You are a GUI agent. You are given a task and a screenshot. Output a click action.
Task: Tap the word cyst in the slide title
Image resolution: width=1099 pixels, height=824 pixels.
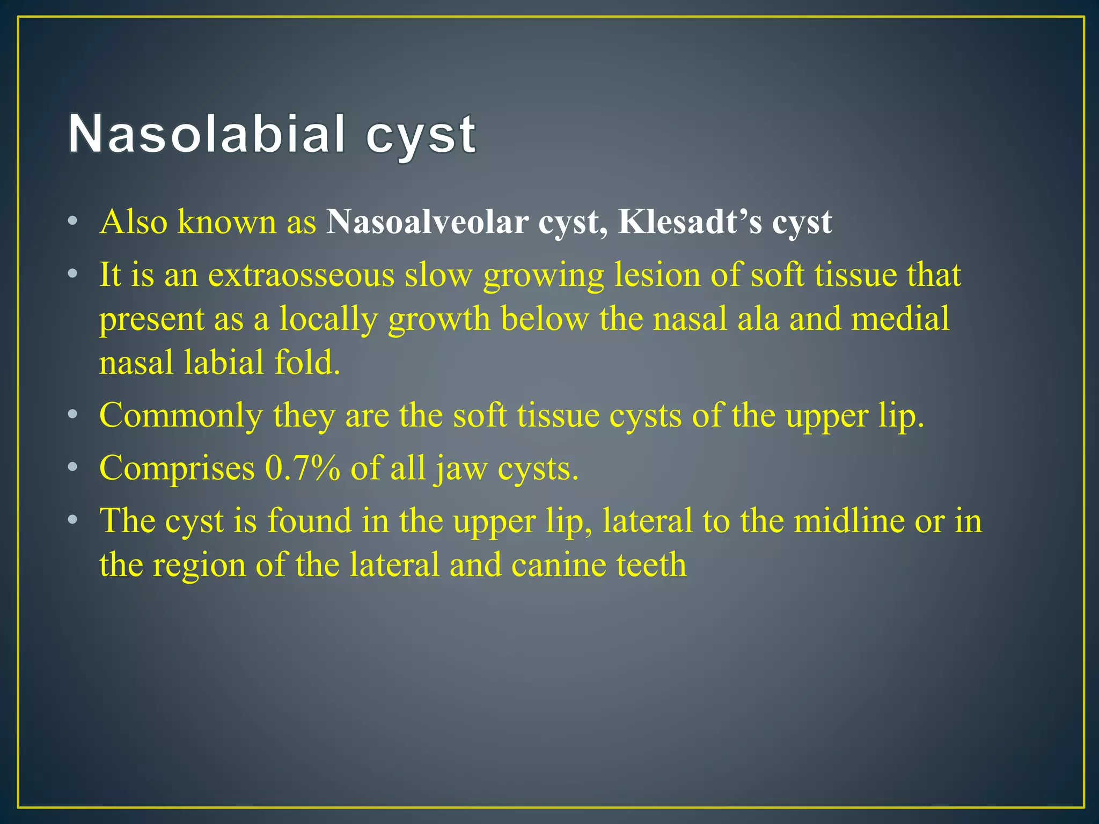421,135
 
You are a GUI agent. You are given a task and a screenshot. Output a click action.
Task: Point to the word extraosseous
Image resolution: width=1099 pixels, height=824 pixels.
301,275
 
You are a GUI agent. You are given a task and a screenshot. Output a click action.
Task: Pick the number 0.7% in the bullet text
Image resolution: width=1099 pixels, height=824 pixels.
302,468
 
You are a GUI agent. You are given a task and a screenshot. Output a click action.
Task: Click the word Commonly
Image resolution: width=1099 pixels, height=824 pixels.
181,415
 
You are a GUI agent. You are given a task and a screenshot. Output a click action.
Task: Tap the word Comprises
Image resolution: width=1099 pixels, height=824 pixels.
177,468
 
